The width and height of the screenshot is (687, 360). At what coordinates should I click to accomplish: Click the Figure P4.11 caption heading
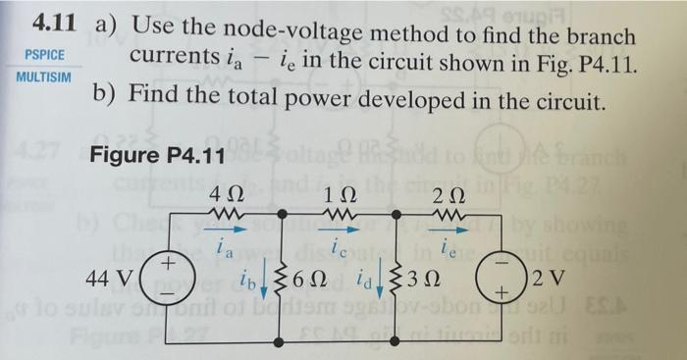(x=158, y=155)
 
